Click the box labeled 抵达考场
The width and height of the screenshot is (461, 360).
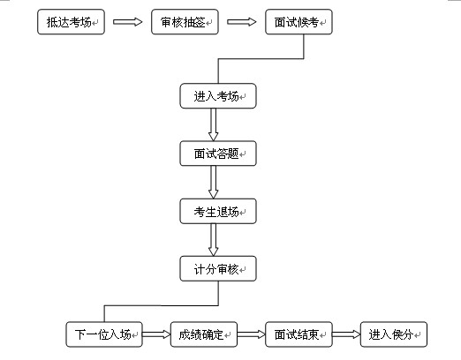[71, 22]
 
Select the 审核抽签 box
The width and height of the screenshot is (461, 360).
[185, 22]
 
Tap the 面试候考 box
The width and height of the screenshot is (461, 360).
[299, 22]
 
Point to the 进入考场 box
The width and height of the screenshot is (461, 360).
[218, 96]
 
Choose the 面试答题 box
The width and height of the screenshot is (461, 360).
[218, 154]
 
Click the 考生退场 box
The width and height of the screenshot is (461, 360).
[218, 211]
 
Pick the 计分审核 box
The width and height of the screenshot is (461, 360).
[218, 268]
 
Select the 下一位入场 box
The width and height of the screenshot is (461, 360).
[104, 334]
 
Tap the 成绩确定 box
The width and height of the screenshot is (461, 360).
[204, 334]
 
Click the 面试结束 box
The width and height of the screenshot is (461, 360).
[299, 334]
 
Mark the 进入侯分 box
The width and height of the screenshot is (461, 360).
[394, 334]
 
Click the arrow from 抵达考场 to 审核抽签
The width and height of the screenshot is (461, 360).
[128, 22]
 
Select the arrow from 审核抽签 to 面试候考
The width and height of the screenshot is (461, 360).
[242, 22]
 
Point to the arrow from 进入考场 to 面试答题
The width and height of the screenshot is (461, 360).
[214, 124]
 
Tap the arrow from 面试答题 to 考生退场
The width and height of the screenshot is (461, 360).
[214, 183]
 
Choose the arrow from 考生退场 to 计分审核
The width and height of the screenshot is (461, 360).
[214, 240]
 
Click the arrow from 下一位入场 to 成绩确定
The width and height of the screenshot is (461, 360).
[156, 334]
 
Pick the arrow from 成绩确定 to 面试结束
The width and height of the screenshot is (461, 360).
[252, 334]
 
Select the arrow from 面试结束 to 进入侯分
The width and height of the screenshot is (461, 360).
[346, 334]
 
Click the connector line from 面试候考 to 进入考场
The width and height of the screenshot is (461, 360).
[261, 59]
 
